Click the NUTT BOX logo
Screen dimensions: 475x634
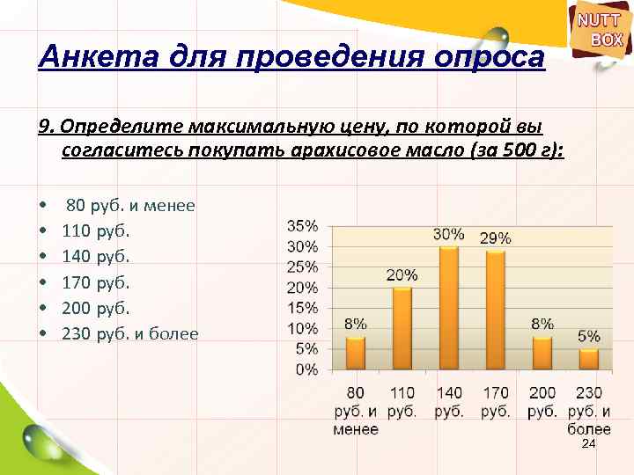(600, 29)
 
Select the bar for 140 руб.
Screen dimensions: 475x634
(448, 308)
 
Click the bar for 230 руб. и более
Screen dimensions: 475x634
(588, 359)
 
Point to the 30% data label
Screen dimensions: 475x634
(448, 234)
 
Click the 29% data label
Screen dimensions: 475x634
(495, 237)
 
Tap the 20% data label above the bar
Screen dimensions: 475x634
(402, 275)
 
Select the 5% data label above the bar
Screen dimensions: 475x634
(588, 336)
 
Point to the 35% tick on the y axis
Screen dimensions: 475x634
(303, 226)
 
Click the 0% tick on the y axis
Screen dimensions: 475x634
(306, 369)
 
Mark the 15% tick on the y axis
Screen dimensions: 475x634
(303, 308)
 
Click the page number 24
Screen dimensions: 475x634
(589, 446)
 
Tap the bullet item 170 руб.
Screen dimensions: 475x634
(96, 283)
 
